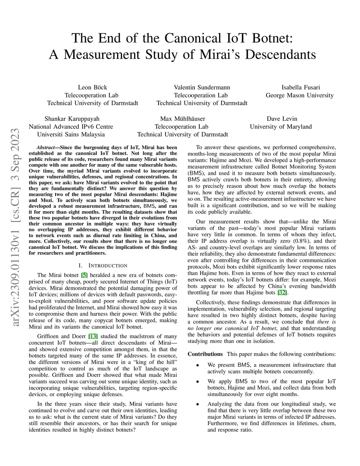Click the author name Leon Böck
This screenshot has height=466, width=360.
point(92,88)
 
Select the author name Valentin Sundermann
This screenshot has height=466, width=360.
point(202,88)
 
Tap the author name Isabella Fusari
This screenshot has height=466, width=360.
point(301,88)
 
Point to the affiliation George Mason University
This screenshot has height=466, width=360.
point(300,95)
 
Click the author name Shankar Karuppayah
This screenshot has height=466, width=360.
point(72,119)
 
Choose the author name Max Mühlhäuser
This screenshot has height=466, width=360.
point(182,119)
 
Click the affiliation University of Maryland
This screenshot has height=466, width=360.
point(281,127)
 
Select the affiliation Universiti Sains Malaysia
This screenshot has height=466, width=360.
point(71,134)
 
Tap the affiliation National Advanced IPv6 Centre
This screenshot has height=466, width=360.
point(71,127)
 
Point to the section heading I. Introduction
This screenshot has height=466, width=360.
point(103,266)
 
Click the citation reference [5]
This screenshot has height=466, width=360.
point(84,275)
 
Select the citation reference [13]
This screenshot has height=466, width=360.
point(93,337)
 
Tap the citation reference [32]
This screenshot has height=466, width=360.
point(282,293)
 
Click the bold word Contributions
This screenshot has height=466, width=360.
point(205,354)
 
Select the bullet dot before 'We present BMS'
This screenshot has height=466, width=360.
point(198,365)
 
